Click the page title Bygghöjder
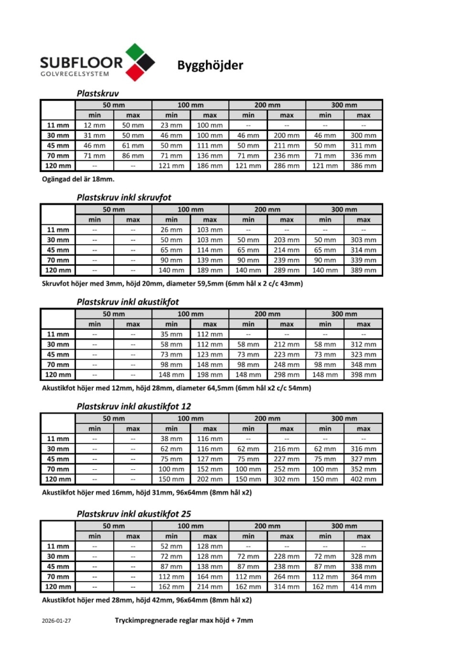210,65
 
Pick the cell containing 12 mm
94,125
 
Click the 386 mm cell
363,166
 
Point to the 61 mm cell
133,145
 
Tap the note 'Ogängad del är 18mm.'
78,179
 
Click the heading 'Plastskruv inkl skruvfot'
124,196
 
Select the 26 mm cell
171,230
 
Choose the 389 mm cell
363,270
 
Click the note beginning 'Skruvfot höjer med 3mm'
172,284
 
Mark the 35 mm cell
171,334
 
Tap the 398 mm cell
363,375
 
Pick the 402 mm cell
363,480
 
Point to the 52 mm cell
171,546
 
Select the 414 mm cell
363,587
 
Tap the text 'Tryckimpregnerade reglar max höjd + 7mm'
184,620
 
